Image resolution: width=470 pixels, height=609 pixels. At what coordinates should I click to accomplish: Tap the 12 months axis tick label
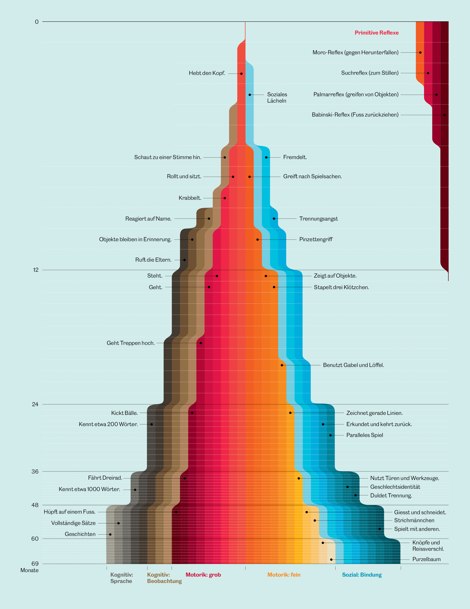click(x=36, y=270)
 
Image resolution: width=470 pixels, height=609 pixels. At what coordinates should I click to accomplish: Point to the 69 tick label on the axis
click(x=35, y=564)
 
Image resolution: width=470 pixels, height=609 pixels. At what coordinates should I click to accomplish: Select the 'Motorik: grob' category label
click(x=203, y=574)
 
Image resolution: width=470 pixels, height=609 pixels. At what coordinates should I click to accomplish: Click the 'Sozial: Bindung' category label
click(x=362, y=574)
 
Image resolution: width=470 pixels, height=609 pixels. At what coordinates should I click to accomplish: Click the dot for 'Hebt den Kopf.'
click(x=241, y=74)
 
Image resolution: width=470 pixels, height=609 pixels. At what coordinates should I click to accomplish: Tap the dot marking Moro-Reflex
click(x=420, y=52)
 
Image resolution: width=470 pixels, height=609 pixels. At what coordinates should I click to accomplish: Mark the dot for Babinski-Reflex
click(x=444, y=115)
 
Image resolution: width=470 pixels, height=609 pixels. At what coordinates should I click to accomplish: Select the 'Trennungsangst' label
click(x=318, y=219)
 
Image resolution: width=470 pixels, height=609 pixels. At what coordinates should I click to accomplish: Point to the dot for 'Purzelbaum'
click(x=331, y=559)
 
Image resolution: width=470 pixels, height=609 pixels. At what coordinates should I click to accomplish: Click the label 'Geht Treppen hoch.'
click(x=130, y=343)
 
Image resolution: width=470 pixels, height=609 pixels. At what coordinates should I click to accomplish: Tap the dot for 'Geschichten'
click(x=110, y=534)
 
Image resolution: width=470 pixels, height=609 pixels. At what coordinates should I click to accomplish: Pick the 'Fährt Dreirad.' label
click(x=105, y=478)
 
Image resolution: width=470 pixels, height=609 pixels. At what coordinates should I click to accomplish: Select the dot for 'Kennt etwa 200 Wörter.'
click(x=152, y=424)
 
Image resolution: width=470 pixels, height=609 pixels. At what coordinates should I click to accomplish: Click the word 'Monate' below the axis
click(x=29, y=570)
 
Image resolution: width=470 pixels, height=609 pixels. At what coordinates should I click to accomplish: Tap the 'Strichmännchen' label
click(x=414, y=520)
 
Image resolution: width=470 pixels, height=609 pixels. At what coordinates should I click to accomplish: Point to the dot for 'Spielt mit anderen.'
click(x=379, y=529)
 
